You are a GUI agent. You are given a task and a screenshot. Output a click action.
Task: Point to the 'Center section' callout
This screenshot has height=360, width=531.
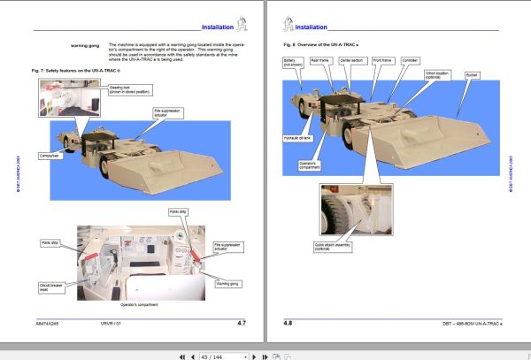tap(352, 61)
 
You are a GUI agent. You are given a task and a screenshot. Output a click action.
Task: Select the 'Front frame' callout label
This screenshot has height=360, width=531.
tap(382, 61)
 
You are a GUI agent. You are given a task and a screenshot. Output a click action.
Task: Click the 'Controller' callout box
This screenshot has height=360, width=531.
tap(410, 61)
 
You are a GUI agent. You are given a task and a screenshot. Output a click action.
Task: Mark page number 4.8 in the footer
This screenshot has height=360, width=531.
tap(287, 324)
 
